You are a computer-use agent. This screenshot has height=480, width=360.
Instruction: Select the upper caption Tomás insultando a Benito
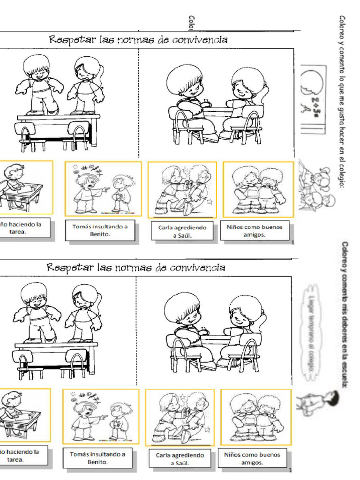[x=100, y=230]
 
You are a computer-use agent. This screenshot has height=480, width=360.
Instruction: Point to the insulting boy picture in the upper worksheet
[x=103, y=189]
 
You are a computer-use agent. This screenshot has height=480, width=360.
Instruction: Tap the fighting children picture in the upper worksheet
[x=182, y=189]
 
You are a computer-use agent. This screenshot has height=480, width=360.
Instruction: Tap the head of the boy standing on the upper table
[x=37, y=67]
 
